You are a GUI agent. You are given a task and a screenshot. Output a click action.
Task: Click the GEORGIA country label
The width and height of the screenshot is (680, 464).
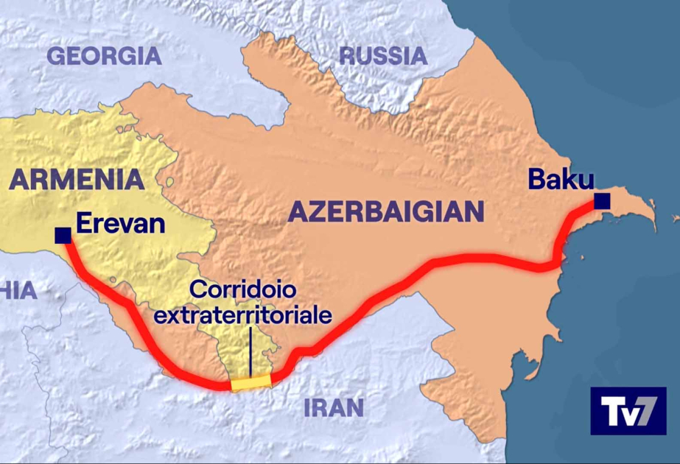(104, 55)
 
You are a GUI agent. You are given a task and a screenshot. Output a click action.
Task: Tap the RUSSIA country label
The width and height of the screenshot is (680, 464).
(383, 55)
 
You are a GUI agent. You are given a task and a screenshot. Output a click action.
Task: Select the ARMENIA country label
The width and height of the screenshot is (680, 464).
(77, 179)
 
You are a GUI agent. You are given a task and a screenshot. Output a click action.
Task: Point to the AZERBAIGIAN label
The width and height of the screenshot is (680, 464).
(386, 211)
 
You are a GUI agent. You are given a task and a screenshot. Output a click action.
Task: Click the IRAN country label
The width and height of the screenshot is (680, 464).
(334, 408)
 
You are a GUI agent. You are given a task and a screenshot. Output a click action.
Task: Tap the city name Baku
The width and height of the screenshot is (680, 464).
(561, 179)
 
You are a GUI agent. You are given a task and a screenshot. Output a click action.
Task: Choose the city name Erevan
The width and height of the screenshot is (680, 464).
(120, 223)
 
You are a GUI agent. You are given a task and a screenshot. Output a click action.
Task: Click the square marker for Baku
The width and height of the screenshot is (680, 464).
(603, 200)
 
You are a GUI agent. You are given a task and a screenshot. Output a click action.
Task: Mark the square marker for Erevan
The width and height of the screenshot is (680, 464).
(63, 236)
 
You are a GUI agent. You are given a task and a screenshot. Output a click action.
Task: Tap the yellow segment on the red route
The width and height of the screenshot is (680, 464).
(250, 382)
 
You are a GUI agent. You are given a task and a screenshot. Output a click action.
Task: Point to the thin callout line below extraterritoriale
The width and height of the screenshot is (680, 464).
(250, 351)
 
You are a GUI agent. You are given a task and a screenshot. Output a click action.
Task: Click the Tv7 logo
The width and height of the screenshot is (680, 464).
(628, 411)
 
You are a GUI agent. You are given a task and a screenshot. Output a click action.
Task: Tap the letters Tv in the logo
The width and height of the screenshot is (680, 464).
(616, 411)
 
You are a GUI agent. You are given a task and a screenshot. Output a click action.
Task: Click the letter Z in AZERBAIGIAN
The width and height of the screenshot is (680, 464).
(315, 212)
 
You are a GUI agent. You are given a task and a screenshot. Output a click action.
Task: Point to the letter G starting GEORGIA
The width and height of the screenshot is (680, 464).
(55, 55)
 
